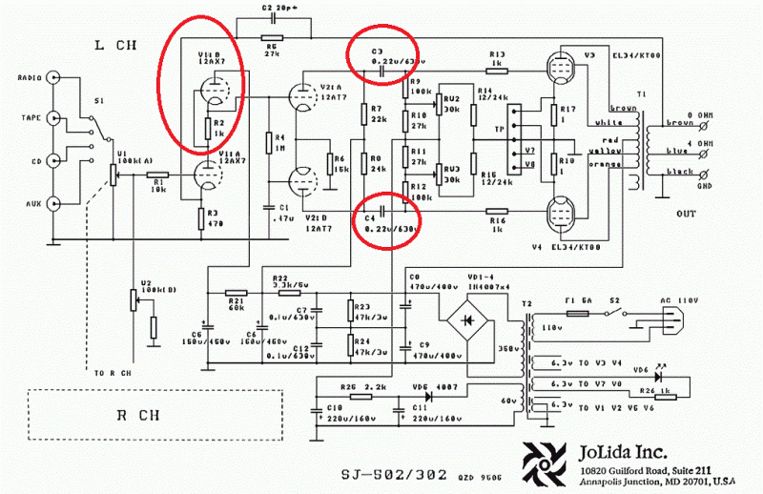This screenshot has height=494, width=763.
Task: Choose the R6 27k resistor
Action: pos(273,36)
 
